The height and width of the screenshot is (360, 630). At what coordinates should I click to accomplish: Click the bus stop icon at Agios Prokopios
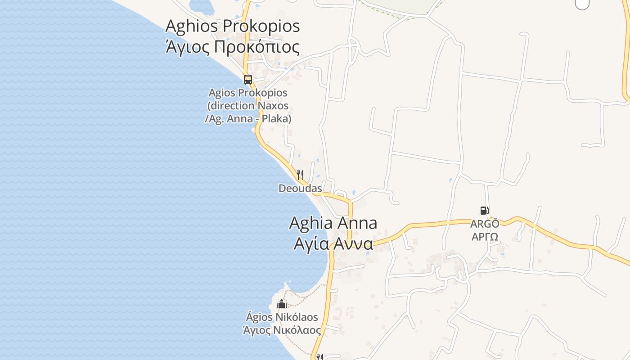pos(247,80)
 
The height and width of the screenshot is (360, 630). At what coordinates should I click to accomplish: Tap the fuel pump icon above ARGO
pos(484,210)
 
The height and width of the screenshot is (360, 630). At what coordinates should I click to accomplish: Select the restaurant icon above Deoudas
pos(300,175)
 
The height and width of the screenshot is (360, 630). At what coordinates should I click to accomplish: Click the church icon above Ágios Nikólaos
pos(282,304)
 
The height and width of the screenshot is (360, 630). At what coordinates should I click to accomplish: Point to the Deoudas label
pos(300,188)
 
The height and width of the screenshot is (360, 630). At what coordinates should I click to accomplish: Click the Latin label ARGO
pos(485,224)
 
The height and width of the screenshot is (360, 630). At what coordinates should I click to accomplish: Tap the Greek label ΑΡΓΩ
pos(485,237)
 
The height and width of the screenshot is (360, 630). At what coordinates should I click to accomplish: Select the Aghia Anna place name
pos(333,223)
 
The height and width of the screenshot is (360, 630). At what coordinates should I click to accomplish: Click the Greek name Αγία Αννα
pos(333,243)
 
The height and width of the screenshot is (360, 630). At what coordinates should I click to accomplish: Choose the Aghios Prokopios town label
pos(233,26)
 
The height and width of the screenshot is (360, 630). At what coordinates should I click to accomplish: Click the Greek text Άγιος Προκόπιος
pos(233,47)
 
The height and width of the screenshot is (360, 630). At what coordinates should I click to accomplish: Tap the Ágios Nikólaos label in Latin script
pos(282,317)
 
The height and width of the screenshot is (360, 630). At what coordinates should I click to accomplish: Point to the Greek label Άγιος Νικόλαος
pos(282,330)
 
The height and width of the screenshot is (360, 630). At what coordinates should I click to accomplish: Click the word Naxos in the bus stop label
pos(273,106)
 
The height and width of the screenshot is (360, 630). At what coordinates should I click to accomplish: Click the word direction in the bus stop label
pos(232,106)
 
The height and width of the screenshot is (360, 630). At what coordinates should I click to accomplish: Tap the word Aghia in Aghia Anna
pos(310,223)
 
